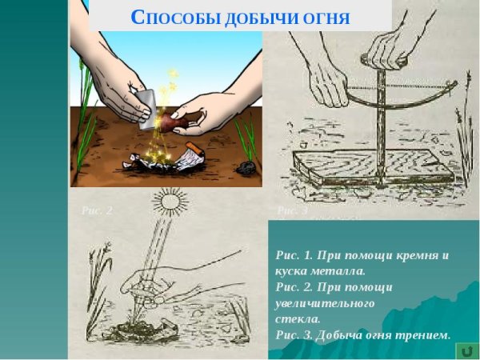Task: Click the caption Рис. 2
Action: tap(97, 210)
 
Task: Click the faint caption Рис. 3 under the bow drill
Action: tap(292, 210)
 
